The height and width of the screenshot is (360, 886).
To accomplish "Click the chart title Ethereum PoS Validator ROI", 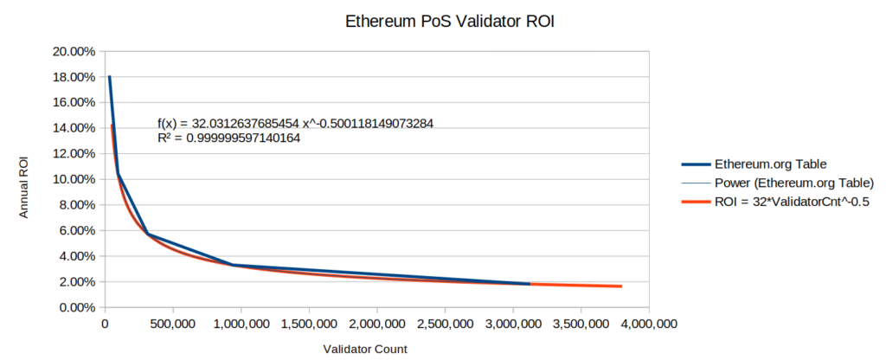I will [443, 22].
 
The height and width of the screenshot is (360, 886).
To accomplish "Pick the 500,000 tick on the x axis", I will [172, 325].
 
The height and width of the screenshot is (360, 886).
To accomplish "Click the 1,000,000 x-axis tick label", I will [241, 325].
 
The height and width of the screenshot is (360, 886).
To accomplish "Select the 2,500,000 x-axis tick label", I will [445, 325].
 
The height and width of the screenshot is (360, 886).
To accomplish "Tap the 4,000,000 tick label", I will [649, 325].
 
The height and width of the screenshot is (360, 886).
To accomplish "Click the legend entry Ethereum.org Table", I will [773, 164].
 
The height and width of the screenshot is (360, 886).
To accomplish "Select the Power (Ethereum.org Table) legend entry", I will [794, 183].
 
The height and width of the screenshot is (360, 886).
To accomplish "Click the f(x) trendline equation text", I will [295, 124].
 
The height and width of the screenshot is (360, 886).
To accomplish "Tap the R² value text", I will [229, 138].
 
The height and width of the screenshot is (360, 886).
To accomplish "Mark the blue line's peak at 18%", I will [109, 77].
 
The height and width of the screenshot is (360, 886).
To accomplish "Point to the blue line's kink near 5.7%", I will [148, 234].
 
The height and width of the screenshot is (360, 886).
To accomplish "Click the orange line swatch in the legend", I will [695, 202].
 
